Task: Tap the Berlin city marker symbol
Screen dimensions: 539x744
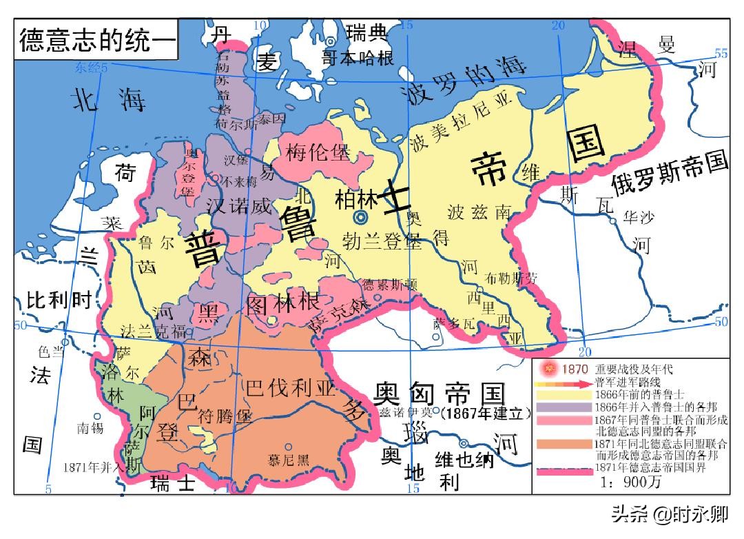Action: [x=360, y=218]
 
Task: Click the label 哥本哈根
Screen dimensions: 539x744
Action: [x=358, y=58]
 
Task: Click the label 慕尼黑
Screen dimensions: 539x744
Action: [x=289, y=460]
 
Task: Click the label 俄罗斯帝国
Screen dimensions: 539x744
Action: [x=669, y=174]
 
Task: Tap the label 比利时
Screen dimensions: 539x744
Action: [x=59, y=301]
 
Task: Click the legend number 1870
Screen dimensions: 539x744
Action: [x=575, y=369]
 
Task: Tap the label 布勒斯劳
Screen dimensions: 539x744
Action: [x=510, y=278]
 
